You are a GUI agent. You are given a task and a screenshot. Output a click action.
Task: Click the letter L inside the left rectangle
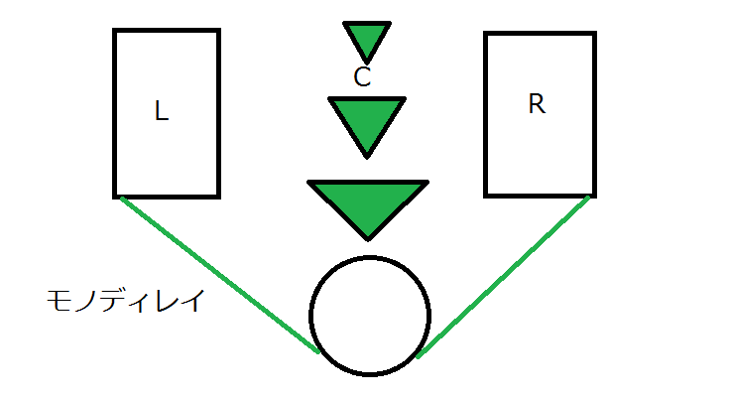click(x=163, y=112)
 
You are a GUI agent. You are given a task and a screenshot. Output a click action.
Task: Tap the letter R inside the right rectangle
click(x=537, y=105)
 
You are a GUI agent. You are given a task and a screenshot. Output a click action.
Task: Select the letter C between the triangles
click(x=362, y=77)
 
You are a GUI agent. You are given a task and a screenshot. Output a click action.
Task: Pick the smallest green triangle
click(x=366, y=38)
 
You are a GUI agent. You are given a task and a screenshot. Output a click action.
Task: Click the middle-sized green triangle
click(x=367, y=119)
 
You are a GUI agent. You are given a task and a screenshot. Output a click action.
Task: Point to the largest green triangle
click(x=368, y=202)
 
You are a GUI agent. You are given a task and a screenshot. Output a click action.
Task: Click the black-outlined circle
click(x=370, y=316)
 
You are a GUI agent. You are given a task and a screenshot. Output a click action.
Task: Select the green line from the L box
click(x=218, y=274)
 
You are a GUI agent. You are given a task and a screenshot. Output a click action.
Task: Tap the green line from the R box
click(x=504, y=275)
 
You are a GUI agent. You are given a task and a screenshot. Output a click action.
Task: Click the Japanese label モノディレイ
click(x=125, y=301)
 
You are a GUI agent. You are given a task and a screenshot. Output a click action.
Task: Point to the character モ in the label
click(x=60, y=301)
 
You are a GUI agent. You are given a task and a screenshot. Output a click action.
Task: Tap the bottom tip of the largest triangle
click(x=368, y=238)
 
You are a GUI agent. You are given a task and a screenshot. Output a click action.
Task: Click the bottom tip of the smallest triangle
click(x=366, y=61)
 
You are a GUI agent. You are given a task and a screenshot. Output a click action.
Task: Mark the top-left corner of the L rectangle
click(x=116, y=32)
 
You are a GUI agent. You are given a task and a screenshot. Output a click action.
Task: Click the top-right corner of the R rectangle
click(x=594, y=33)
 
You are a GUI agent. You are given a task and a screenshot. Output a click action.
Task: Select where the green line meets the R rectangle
click(x=589, y=197)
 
